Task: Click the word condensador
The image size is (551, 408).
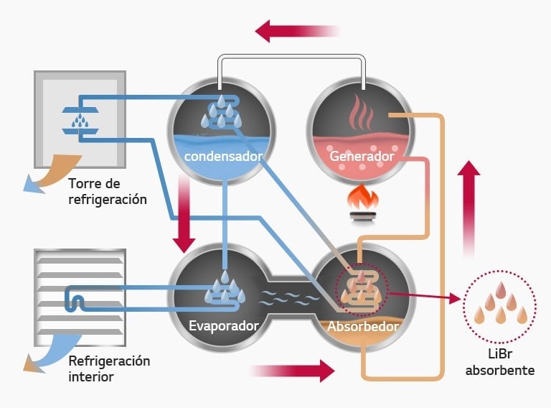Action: [222, 156]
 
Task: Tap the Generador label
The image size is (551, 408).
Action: [362, 156]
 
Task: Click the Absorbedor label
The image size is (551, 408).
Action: [362, 325]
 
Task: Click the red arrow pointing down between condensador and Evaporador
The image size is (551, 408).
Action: [184, 215]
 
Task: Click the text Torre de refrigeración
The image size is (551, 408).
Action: [108, 191]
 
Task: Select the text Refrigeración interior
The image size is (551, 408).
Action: [109, 368]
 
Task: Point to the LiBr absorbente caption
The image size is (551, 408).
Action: [500, 363]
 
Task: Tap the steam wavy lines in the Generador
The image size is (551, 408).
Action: [362, 113]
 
